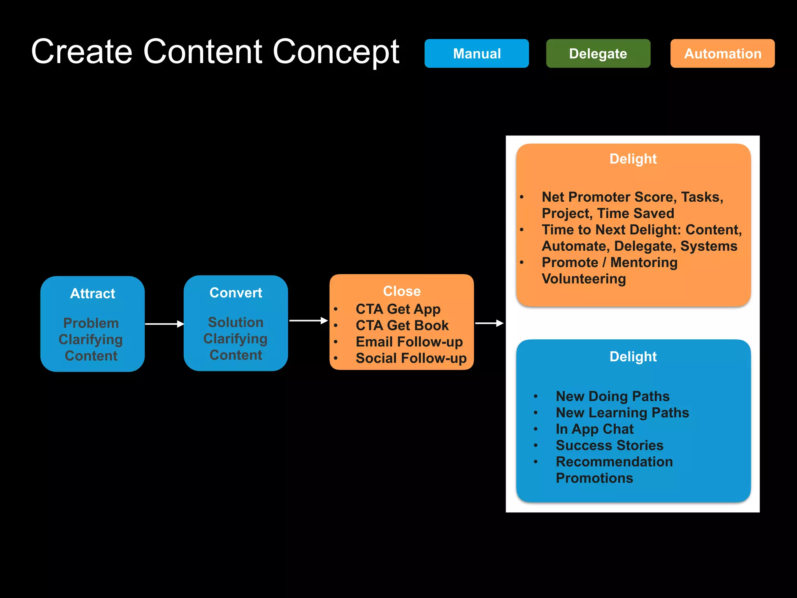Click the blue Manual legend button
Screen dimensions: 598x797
pyautogui.click(x=476, y=53)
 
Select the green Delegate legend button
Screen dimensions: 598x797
pyautogui.click(x=598, y=53)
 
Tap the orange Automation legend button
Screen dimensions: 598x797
pyautogui.click(x=722, y=53)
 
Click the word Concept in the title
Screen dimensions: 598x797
pyautogui.click(x=335, y=52)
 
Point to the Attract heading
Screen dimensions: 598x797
pyautogui.click(x=93, y=294)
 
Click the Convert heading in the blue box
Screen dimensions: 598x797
pyautogui.click(x=236, y=293)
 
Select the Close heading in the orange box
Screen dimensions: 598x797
pyautogui.click(x=402, y=291)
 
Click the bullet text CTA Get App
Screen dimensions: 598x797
pyautogui.click(x=398, y=309)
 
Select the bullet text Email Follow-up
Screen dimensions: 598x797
pyautogui.click(x=409, y=342)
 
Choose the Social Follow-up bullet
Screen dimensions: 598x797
pyautogui.click(x=411, y=358)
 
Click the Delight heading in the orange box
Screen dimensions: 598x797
pyautogui.click(x=633, y=159)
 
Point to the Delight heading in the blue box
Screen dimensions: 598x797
pyautogui.click(x=633, y=357)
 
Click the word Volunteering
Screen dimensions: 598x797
pyautogui.click(x=584, y=279)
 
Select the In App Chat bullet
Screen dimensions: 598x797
pyautogui.click(x=594, y=429)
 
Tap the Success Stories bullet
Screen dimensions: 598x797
pyautogui.click(x=609, y=445)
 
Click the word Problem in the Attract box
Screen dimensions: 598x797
pyautogui.click(x=91, y=323)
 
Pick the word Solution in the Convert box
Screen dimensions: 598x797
pyautogui.click(x=235, y=322)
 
